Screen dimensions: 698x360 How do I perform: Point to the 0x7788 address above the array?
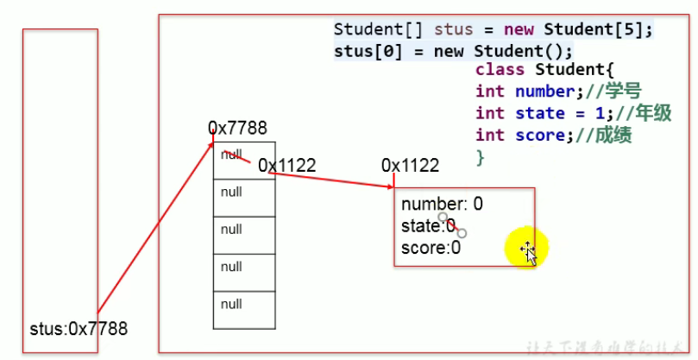click(237, 129)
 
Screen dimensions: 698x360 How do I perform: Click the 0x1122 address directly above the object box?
click(410, 165)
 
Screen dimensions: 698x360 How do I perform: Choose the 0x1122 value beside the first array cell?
click(286, 165)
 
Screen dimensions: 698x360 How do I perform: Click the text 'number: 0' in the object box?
click(442, 205)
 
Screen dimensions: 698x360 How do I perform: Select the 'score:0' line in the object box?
click(431, 248)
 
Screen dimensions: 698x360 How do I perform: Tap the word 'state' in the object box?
click(420, 226)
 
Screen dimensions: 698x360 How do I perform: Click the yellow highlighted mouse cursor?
click(527, 249)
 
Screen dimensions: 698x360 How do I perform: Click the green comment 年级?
click(654, 114)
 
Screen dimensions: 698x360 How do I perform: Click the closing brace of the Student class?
click(480, 157)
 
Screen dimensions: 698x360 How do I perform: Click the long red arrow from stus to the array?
click(155, 228)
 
